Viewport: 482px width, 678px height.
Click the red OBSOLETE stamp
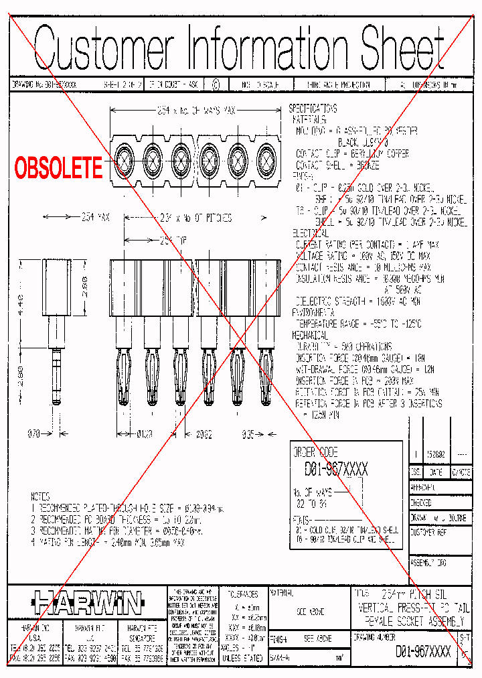click(x=59, y=167)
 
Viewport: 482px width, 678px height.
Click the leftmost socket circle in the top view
click(x=125, y=161)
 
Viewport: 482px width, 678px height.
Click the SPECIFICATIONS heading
click(x=313, y=109)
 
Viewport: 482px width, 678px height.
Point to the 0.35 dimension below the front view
click(x=248, y=433)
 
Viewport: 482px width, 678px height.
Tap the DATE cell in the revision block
click(x=435, y=472)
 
